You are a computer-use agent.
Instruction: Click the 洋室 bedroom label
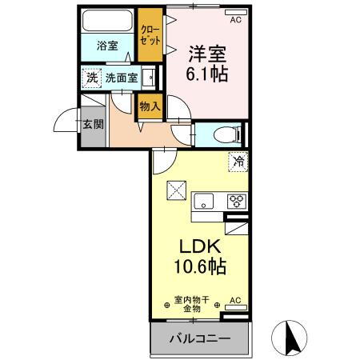pyautogui.click(x=206, y=54)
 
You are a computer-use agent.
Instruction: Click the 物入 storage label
pyautogui.click(x=150, y=105)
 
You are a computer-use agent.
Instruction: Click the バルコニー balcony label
pyautogui.click(x=199, y=338)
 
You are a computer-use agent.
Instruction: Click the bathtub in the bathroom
pyautogui.click(x=108, y=22)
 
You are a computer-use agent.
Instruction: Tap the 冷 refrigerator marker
pyautogui.click(x=238, y=161)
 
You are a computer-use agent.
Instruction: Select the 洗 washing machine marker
pyautogui.click(x=91, y=78)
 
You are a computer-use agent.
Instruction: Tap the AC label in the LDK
pyautogui.click(x=235, y=301)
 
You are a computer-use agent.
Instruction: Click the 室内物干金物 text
pyautogui.click(x=192, y=303)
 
